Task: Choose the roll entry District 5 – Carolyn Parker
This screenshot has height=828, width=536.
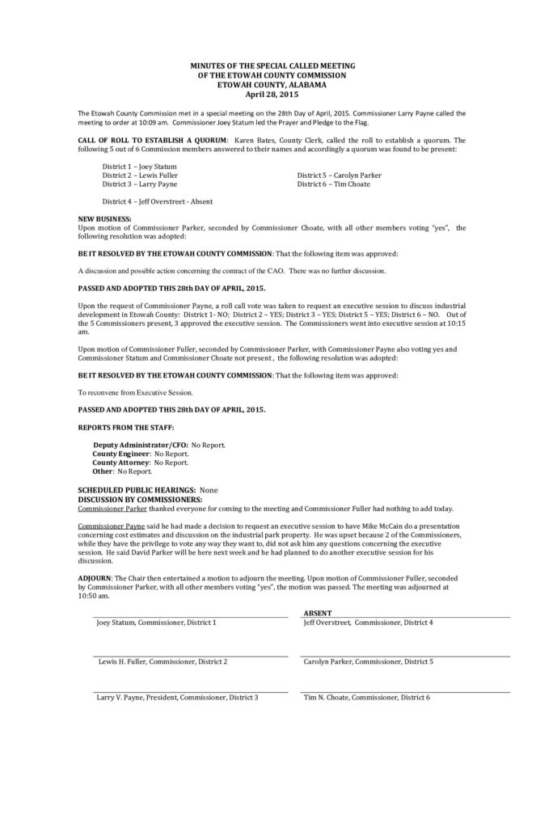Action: [339, 175]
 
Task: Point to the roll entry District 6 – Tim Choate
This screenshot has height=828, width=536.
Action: [334, 184]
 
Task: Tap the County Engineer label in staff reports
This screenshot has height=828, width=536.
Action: [121, 454]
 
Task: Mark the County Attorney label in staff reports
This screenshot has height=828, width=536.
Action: [121, 462]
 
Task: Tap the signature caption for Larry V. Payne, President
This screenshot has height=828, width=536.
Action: [177, 697]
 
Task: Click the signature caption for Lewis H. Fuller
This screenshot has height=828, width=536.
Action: [162, 661]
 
